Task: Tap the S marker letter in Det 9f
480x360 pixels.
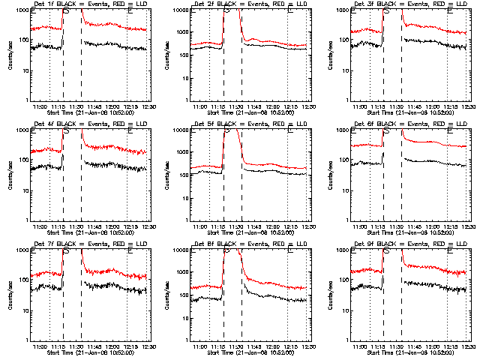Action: pos(387,250)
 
